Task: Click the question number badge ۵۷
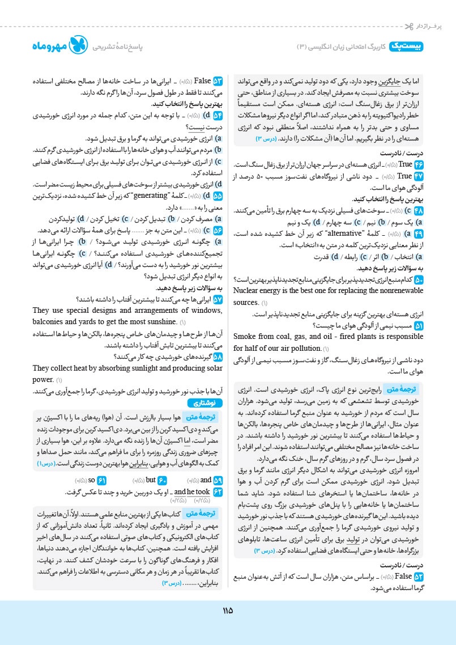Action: tap(218, 299)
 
